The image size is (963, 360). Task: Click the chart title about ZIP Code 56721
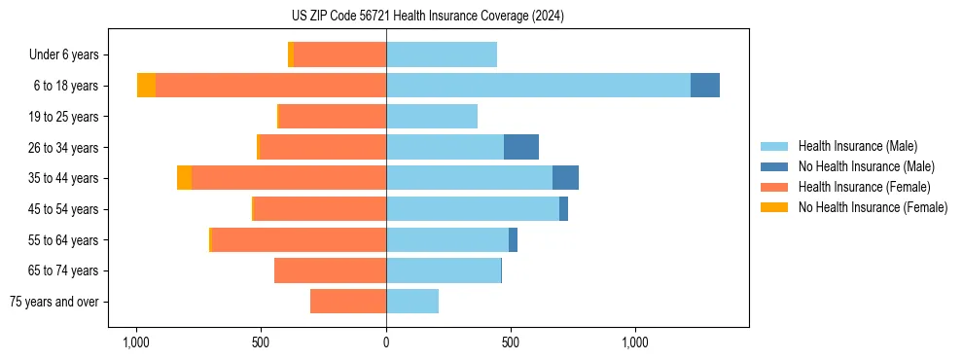[427, 16]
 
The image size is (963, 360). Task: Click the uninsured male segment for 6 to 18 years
[705, 86]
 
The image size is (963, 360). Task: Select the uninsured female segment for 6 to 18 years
[146, 86]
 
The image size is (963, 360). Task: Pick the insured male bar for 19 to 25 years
[432, 117]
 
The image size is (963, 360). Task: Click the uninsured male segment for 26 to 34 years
[521, 147]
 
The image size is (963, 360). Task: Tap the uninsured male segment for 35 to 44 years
[565, 178]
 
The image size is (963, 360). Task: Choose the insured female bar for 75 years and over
[348, 302]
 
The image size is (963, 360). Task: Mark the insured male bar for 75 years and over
[412, 302]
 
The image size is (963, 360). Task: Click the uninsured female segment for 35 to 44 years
[184, 178]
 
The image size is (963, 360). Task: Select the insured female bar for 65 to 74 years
[330, 270]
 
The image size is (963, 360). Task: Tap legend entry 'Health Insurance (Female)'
[864, 187]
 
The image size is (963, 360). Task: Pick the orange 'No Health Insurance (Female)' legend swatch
[774, 207]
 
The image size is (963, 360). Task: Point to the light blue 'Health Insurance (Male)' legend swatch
[774, 146]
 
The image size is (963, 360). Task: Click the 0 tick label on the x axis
[386, 342]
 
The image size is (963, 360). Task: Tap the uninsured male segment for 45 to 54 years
[563, 209]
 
